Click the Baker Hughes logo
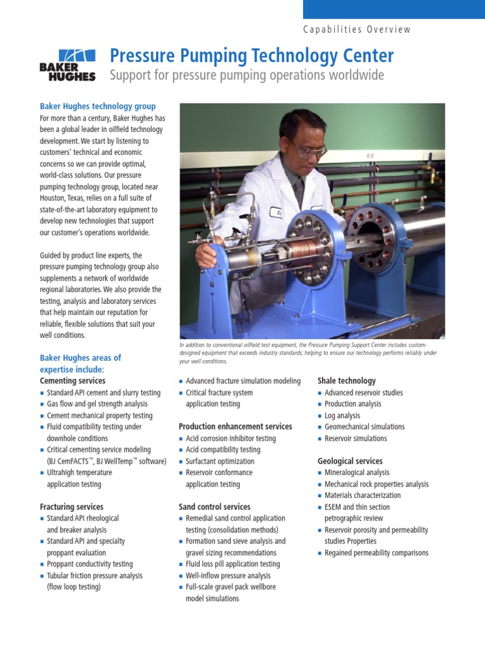(68, 65)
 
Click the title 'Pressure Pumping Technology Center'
(251, 56)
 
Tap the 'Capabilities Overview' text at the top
(357, 29)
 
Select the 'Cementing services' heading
(73, 381)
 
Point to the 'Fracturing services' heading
(71, 507)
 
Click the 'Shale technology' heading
(347, 381)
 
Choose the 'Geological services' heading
(350, 461)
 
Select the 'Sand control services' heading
(215, 507)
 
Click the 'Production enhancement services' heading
(235, 426)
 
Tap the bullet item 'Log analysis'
(342, 416)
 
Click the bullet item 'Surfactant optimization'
(220, 461)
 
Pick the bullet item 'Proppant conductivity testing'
(90, 564)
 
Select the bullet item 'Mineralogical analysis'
(357, 473)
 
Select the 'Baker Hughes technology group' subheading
(98, 106)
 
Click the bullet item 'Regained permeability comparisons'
(376, 553)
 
